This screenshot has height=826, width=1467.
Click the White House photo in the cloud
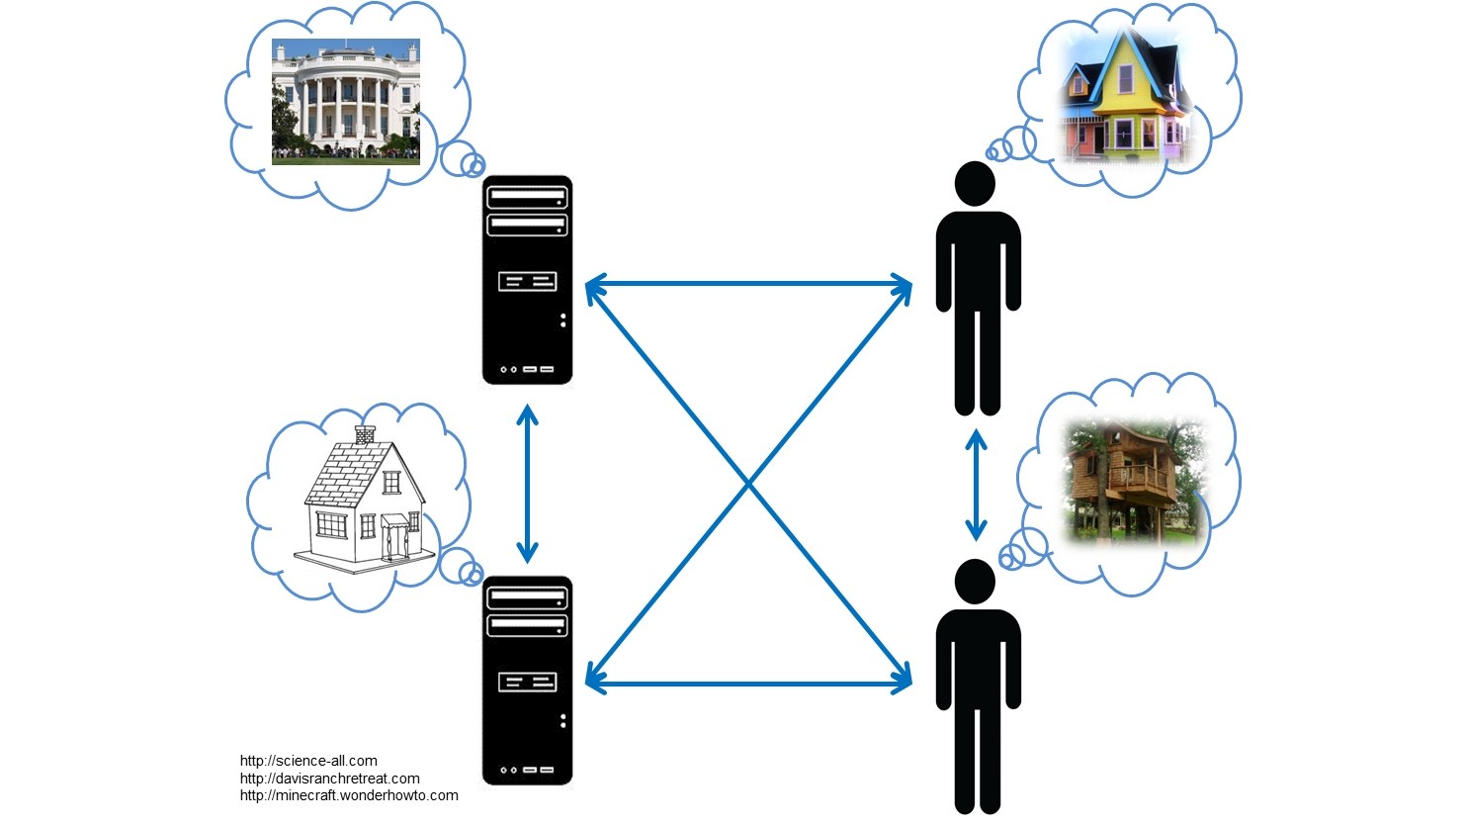[346, 101]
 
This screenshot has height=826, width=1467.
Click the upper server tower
[527, 280]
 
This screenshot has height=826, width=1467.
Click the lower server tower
[527, 681]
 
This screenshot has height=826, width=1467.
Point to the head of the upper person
[976, 184]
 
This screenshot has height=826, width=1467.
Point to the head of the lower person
[976, 582]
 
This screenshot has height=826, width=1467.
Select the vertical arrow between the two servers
[528, 484]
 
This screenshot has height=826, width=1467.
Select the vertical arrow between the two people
[977, 485]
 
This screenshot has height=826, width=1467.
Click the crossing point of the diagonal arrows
[748, 484]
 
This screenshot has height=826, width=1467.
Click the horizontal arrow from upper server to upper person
[748, 285]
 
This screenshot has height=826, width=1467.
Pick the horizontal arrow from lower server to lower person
[748, 682]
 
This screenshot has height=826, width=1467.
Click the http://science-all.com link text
[308, 761]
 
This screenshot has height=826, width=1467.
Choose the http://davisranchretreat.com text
[329, 779]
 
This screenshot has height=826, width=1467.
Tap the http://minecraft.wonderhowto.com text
[349, 795]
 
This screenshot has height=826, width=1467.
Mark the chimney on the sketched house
[365, 434]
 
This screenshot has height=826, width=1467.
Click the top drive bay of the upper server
[527, 198]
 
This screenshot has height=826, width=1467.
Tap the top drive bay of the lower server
[527, 597]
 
